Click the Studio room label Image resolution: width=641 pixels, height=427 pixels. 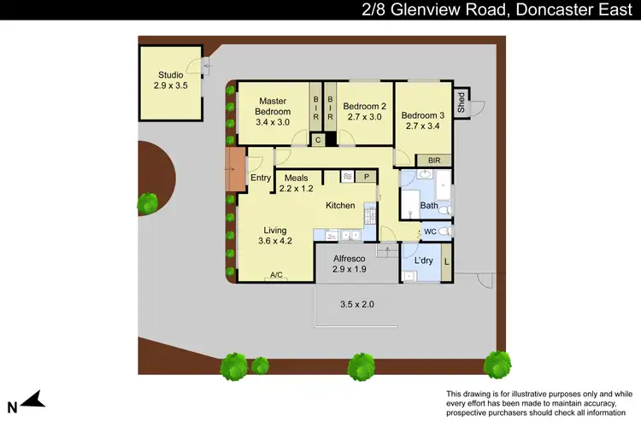pos(169,74)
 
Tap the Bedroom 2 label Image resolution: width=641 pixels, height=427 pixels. pos(364,107)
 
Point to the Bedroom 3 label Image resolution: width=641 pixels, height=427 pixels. pos(423,116)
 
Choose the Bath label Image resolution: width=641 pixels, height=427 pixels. pos(428,205)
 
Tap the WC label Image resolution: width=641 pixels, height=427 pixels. pos(430,231)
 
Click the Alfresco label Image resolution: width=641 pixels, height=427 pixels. pos(349,258)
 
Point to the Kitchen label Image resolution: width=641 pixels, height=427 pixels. pos(340,205)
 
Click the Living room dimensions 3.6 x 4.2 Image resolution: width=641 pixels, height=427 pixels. pos(274,241)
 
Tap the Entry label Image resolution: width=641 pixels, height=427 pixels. pos(261,178)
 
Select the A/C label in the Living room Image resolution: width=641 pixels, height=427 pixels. pos(276,275)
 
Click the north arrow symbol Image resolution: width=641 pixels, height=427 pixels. pos(33,399)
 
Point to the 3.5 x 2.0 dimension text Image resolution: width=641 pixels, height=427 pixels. pos(357,304)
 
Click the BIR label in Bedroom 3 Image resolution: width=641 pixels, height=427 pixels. pos(434,160)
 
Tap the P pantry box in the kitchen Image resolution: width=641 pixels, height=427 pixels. pos(366,177)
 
